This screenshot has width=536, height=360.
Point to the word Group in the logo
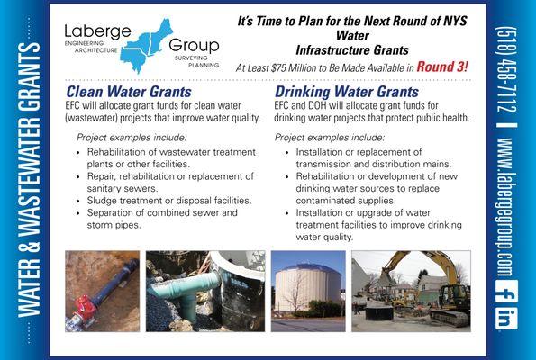click(x=194, y=46)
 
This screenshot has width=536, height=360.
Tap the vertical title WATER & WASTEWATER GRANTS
click(x=27, y=180)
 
